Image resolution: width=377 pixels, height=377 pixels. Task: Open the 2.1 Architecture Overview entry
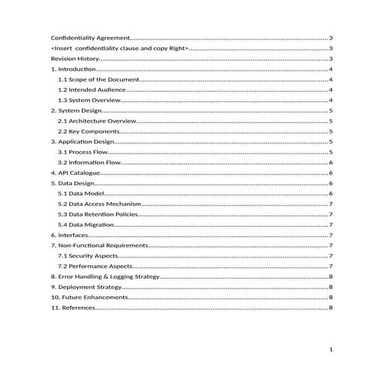tap(97, 121)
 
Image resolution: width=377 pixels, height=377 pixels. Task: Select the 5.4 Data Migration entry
tap(87, 225)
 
